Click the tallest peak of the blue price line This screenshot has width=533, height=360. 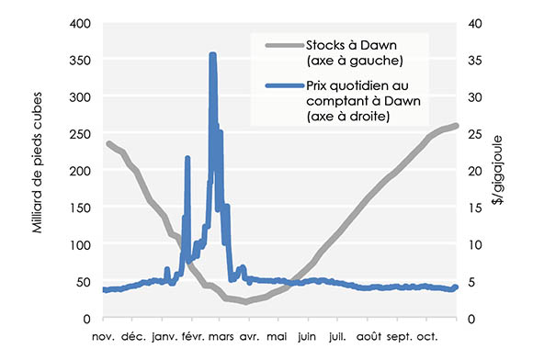[212, 56]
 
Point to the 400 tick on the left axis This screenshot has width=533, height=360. [80, 23]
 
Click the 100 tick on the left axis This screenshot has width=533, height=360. [80, 244]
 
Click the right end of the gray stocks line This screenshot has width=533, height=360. [458, 126]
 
